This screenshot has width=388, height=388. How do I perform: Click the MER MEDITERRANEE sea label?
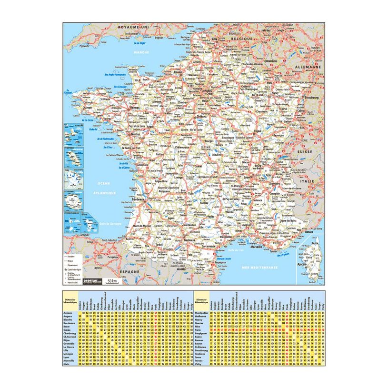coord(259,268)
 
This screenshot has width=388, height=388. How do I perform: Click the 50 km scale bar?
coord(111,282)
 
